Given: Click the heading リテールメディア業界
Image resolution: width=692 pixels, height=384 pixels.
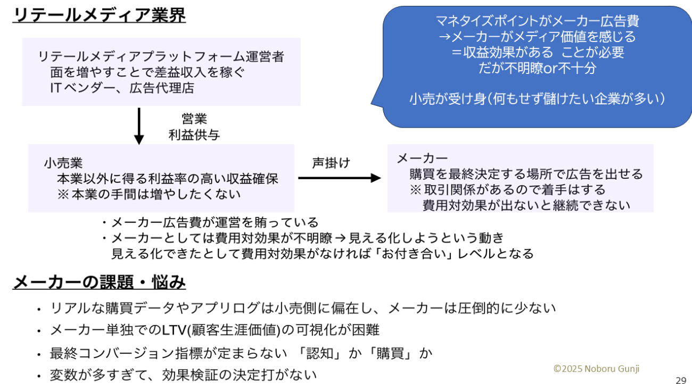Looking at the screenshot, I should coord(99,15).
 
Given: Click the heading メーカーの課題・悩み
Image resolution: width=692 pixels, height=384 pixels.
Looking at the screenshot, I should coord(99,282).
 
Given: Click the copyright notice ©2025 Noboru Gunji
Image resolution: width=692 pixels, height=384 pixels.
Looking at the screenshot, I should coord(596,369).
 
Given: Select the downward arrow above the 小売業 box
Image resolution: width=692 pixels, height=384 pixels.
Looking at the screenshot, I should coord(139,126).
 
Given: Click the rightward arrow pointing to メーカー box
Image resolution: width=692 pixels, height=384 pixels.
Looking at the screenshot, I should coord(339,178).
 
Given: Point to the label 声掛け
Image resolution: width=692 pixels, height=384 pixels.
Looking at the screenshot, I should coord(331,163).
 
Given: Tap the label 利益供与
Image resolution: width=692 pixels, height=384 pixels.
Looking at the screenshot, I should coord(194,135).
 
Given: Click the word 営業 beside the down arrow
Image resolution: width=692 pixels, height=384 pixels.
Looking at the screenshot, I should coord(194,119).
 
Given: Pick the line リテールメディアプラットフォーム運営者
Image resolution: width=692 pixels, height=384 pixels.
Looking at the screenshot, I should coord(161,57).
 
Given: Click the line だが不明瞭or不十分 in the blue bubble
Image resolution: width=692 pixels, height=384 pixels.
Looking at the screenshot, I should coord(537,68).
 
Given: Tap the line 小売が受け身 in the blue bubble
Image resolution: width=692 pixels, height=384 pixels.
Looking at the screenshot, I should coord(537,98).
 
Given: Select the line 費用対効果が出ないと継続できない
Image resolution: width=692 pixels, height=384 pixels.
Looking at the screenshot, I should coord(526,205).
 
